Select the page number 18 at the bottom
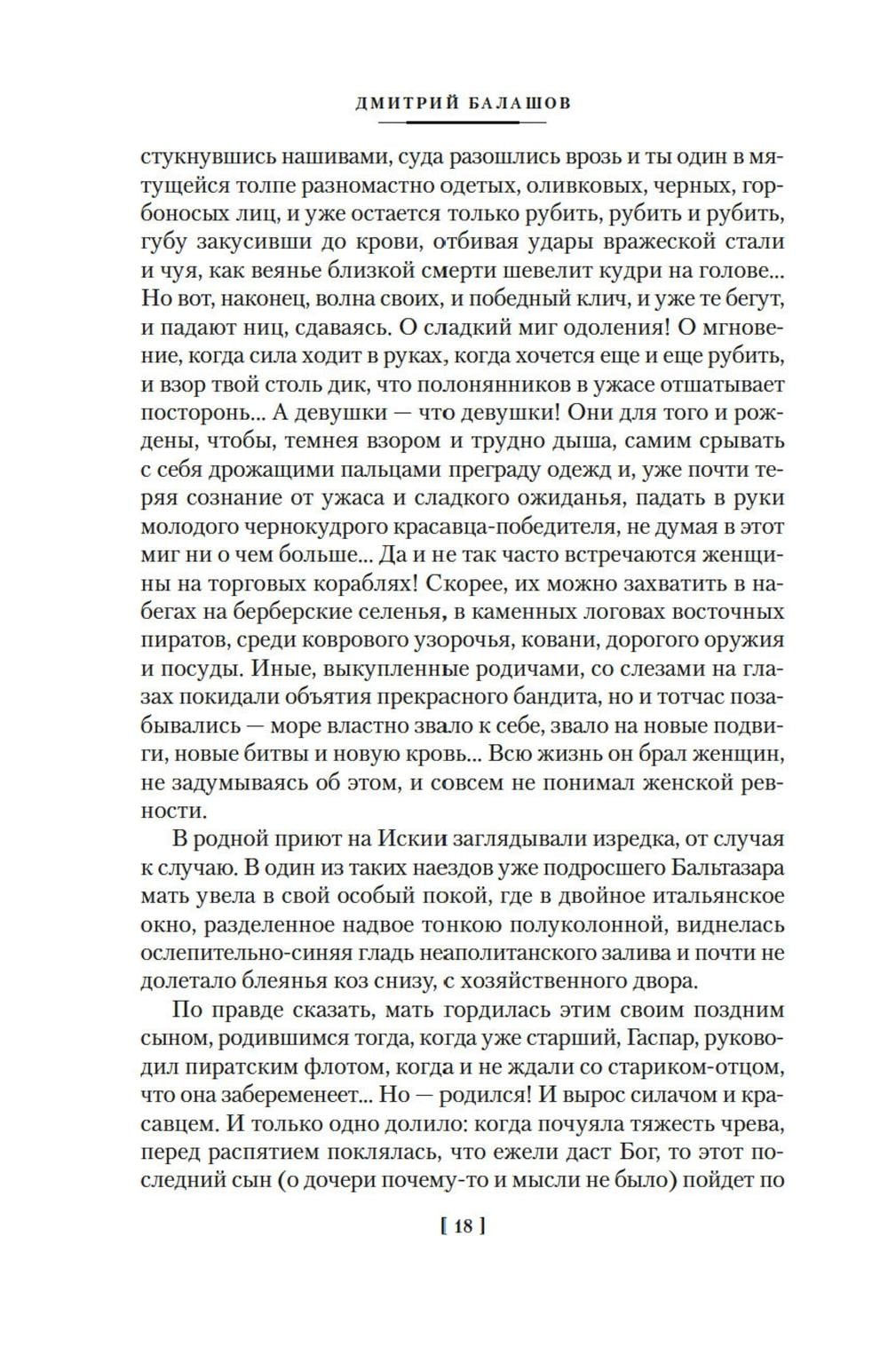click(x=462, y=1227)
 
